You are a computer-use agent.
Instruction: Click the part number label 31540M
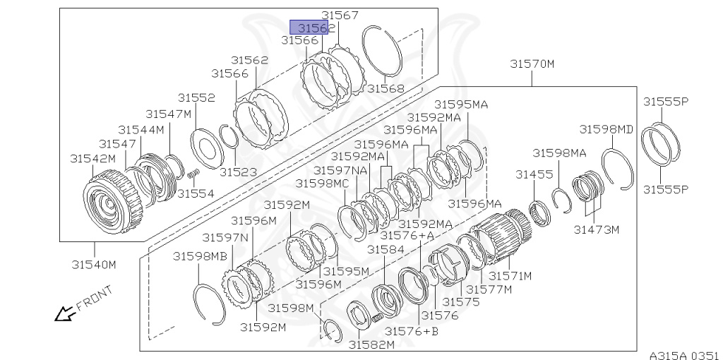coord(92,265)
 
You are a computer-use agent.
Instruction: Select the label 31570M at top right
coord(532,64)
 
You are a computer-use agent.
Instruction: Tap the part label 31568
coord(386,89)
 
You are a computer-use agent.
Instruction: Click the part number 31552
coord(196,98)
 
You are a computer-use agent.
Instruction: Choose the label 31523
coord(238,172)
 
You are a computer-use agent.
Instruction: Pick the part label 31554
coord(196,193)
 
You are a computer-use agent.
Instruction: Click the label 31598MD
coord(607,129)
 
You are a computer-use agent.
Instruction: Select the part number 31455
coord(534,174)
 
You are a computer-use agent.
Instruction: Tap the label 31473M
coord(596,229)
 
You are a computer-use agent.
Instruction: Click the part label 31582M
coord(371,344)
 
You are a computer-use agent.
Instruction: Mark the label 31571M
coord(510,275)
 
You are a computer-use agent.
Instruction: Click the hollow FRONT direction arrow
coord(65,312)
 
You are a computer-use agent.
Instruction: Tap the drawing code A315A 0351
coord(683,355)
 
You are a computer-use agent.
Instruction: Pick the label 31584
coord(385,249)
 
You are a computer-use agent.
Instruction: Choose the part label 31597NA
coord(341,170)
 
